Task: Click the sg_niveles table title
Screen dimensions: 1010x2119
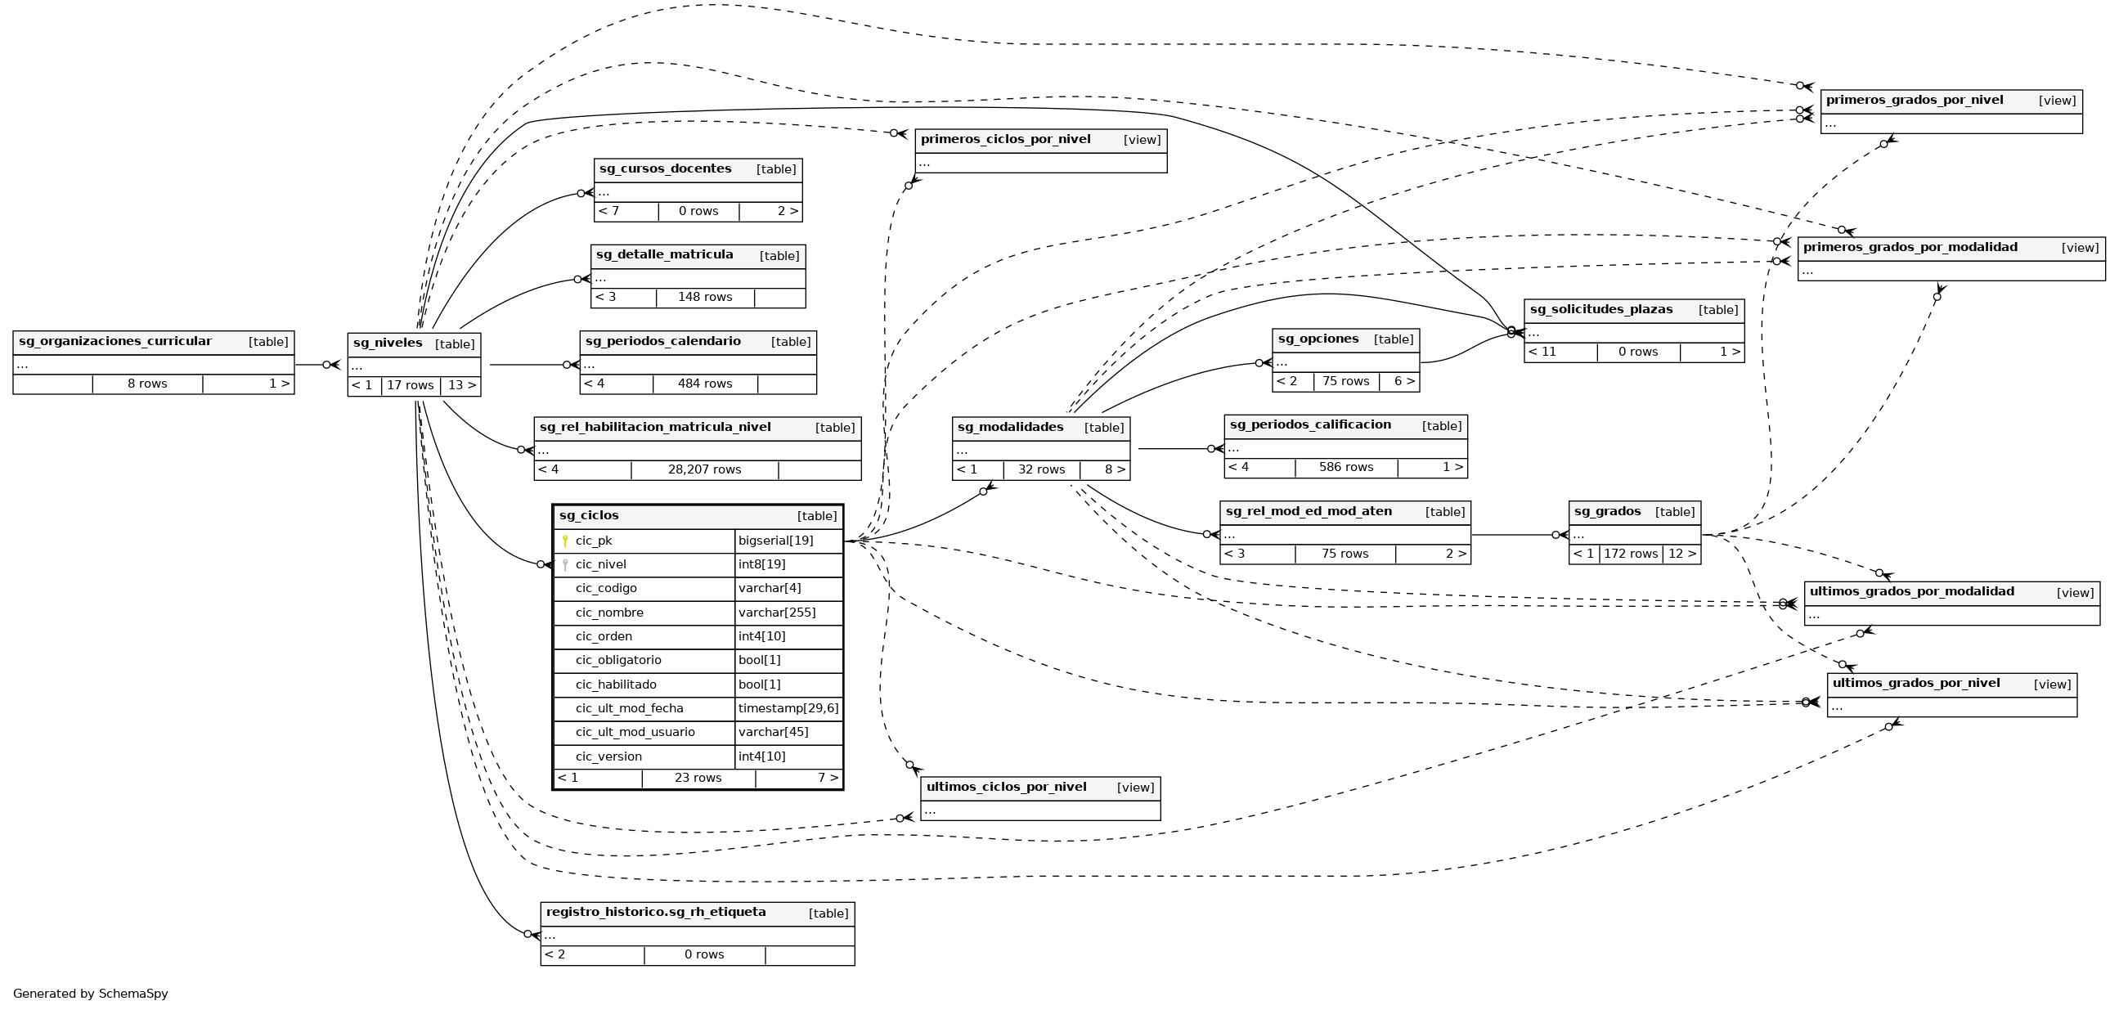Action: [x=388, y=343]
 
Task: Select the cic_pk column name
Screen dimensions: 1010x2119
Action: [x=593, y=541]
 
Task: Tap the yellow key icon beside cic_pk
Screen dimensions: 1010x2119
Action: [x=565, y=541]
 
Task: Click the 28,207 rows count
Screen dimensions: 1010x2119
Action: [x=704, y=469]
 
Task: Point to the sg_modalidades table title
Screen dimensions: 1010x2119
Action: [x=1010, y=427]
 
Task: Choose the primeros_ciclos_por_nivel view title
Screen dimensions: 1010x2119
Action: [x=1005, y=139]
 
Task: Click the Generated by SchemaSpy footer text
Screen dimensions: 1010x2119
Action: [x=91, y=994]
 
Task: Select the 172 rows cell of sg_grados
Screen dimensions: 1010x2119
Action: [x=1631, y=554]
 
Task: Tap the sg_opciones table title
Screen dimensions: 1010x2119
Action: [x=1318, y=339]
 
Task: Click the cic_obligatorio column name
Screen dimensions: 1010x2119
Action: [x=617, y=660]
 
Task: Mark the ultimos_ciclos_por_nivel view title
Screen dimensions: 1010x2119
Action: [x=1006, y=787]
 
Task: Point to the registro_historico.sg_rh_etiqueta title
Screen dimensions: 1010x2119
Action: [x=656, y=912]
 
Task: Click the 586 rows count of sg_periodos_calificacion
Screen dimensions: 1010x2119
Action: [x=1346, y=467]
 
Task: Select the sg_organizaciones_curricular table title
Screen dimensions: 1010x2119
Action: [x=115, y=341]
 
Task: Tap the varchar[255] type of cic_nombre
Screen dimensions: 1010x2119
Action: [x=776, y=612]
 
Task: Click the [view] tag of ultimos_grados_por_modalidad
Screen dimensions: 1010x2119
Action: [x=2075, y=592]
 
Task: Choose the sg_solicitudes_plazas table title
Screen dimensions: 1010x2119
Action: [x=1600, y=309]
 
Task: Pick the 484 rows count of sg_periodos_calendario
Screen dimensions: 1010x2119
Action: [x=705, y=384]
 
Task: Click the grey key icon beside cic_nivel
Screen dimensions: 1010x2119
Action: [x=565, y=565]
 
